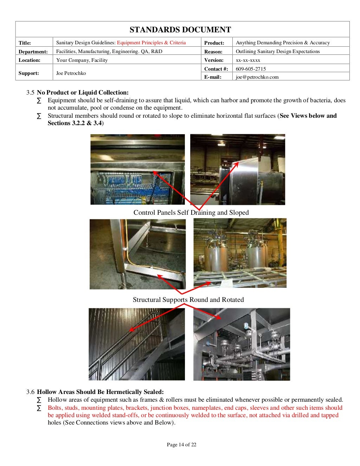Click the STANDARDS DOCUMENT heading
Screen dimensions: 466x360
180,30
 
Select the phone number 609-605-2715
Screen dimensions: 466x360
251,69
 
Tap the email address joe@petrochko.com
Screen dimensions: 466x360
257,77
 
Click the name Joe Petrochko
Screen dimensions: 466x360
71,73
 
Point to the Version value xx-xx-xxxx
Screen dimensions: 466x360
248,60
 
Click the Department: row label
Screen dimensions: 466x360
33,52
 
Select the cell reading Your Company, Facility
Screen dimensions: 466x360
82,60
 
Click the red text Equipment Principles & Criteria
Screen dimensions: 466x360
151,43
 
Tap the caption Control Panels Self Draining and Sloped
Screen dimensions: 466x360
191,213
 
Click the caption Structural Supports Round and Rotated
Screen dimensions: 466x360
188,300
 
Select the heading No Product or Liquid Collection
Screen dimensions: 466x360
83,92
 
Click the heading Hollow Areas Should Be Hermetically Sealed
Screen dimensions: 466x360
100,392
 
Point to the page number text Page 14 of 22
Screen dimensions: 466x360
181,445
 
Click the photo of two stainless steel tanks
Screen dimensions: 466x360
240,253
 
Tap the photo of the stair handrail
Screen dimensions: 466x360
136,344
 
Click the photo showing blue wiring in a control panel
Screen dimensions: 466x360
137,169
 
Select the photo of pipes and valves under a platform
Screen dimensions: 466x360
242,344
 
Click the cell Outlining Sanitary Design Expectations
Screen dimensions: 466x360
278,51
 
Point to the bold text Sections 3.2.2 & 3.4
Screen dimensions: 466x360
75,123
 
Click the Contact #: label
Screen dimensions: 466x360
216,69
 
